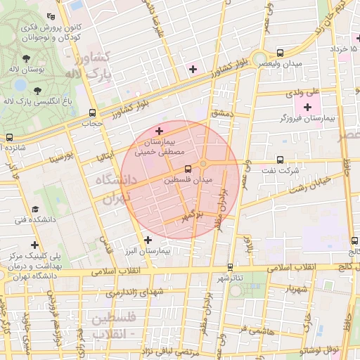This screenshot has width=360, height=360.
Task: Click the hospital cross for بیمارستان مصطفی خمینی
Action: click(160, 131)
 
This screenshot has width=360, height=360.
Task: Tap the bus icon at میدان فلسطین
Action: click(187, 169)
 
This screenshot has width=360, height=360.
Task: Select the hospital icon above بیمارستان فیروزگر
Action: click(307, 106)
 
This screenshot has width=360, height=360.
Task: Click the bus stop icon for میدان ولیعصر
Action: click(281, 53)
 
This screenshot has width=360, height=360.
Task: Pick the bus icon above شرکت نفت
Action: click(281, 160)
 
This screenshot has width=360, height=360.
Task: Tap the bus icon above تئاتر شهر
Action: click(231, 267)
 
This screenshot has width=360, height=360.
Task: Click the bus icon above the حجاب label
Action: click(92, 112)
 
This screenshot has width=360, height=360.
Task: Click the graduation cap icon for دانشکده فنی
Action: click(35, 210)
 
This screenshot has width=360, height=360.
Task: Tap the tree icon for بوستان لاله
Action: click(26, 59)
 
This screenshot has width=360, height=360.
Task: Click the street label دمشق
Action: click(220, 112)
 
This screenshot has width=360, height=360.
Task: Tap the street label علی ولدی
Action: click(302, 92)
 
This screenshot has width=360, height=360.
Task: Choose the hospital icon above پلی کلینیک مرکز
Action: click(35, 244)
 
